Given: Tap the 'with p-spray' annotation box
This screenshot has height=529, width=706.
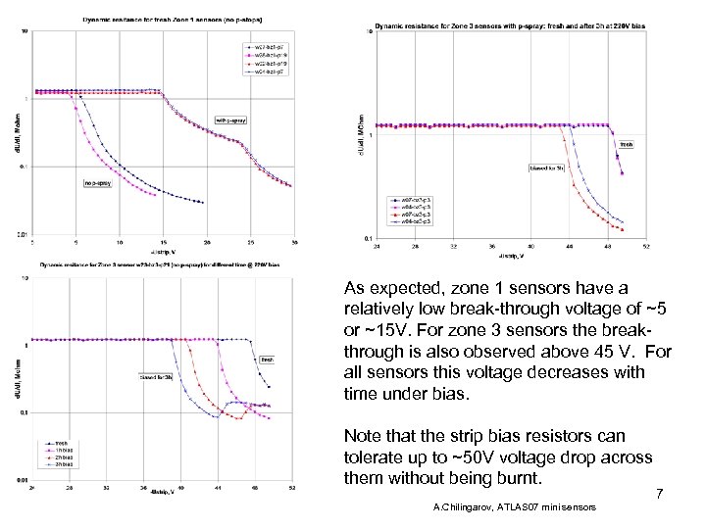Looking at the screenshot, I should [x=228, y=121].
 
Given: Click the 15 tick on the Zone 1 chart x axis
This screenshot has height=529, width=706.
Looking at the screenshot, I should [x=164, y=241].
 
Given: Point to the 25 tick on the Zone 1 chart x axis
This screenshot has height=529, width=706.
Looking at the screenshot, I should [x=251, y=241].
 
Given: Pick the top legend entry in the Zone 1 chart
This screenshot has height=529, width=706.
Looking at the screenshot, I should [x=264, y=46].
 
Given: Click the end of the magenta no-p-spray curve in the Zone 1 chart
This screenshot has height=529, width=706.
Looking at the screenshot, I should [x=156, y=195].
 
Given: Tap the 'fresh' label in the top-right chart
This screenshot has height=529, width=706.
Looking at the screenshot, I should [x=626, y=144].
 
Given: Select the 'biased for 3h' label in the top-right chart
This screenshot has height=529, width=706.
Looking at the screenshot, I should [x=546, y=168].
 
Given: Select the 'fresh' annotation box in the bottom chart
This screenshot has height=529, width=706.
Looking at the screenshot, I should [x=266, y=360].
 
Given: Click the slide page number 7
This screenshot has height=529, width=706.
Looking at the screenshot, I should [x=660, y=496].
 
